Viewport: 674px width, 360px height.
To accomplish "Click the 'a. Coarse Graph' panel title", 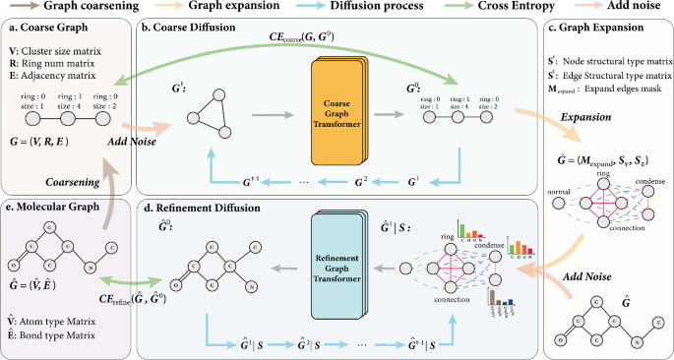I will click(48, 30).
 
